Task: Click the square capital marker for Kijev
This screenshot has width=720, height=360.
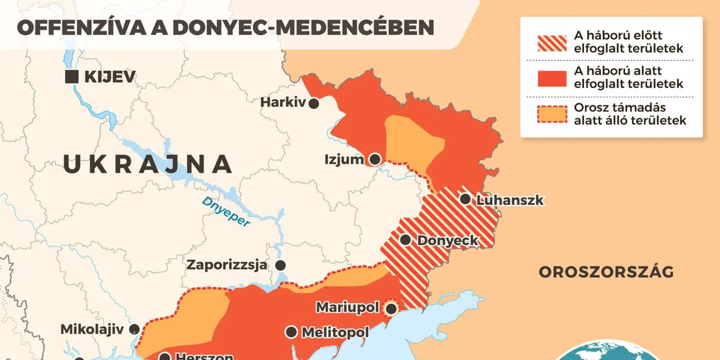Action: [72, 76]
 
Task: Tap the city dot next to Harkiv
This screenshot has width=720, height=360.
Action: [314, 103]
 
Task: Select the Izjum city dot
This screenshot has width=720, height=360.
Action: [375, 159]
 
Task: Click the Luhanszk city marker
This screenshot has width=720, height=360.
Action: [465, 199]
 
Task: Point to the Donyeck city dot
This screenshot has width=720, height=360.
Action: [405, 240]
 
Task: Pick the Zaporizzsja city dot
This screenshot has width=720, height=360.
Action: [280, 265]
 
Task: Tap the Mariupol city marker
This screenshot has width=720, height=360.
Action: [391, 309]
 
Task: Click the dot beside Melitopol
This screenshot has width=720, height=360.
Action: [292, 332]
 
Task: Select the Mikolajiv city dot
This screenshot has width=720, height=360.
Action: [134, 329]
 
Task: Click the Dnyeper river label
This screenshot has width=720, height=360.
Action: [226, 211]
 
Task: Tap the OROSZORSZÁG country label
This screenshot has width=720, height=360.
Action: [606, 272]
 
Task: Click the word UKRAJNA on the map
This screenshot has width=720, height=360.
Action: [148, 164]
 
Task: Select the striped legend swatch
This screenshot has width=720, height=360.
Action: [552, 43]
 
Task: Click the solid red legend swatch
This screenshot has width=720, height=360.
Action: [552, 78]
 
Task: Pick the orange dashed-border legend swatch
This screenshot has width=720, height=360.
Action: [552, 114]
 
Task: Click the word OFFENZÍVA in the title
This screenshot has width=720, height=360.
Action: [81, 28]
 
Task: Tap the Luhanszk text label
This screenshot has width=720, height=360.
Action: [510, 200]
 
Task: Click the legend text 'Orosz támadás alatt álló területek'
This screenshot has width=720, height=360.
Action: [630, 114]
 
